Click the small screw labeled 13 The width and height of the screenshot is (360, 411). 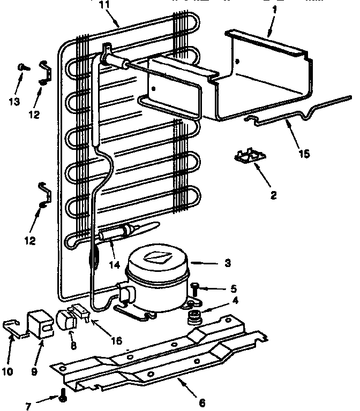point(21,67)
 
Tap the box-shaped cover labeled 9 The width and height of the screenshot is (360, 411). point(41,323)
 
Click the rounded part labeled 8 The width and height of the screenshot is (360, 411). point(65,320)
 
